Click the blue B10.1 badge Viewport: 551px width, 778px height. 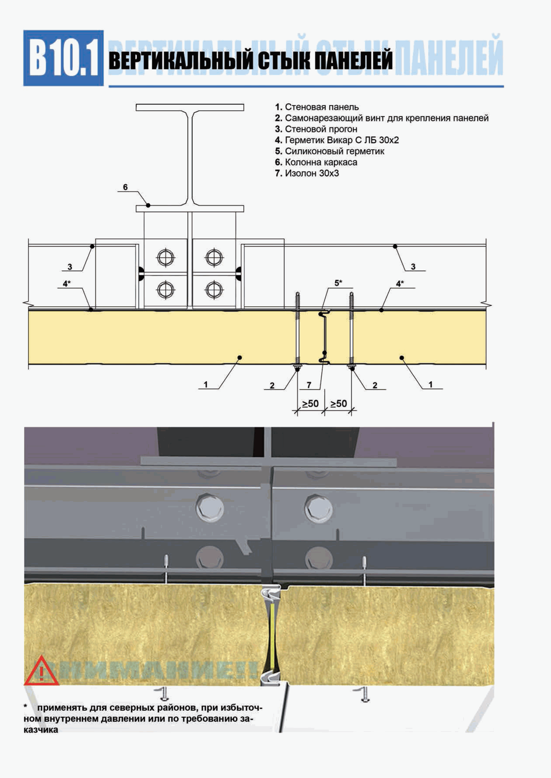[x=63, y=58]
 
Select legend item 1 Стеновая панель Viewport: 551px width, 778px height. [x=317, y=107]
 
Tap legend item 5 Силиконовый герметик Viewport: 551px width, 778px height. [x=330, y=151]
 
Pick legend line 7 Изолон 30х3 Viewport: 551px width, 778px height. [x=307, y=173]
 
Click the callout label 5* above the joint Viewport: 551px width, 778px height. [x=338, y=283]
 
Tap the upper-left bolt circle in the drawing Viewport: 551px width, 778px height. [x=166, y=258]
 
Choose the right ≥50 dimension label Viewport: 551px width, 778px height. [x=339, y=404]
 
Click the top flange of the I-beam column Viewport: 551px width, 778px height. [x=190, y=107]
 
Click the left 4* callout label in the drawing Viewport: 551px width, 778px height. [x=67, y=283]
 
